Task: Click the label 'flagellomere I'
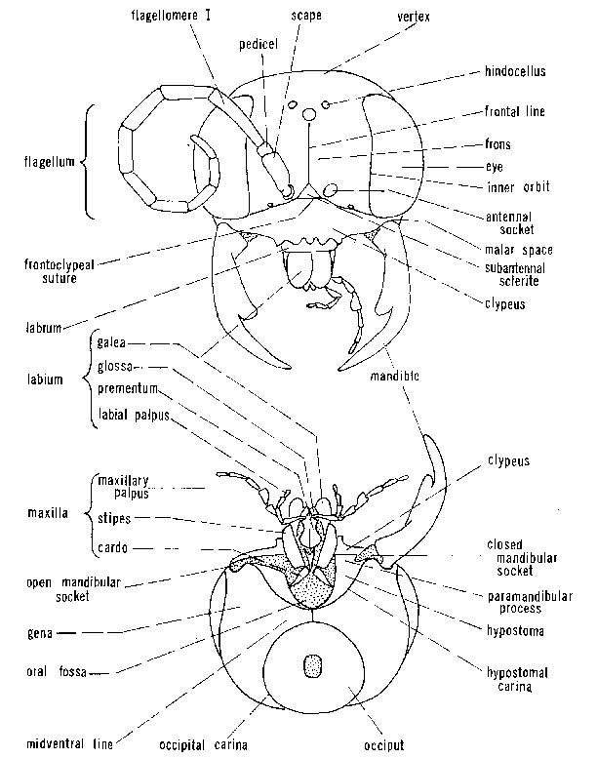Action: [171, 15]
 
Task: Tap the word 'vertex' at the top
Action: [414, 17]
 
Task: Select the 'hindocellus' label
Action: [515, 71]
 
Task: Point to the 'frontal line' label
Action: [515, 111]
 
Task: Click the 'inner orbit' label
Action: [518, 187]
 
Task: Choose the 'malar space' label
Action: [519, 250]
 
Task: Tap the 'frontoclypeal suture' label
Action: [59, 271]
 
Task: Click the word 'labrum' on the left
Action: [44, 328]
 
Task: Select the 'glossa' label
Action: [114, 366]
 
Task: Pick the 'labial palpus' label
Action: [134, 415]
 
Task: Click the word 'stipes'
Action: [114, 519]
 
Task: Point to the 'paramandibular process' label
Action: [530, 602]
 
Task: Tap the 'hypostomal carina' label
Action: [517, 679]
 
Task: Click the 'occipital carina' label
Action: [204, 745]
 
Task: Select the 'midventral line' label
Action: [69, 743]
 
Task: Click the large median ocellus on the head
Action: [309, 115]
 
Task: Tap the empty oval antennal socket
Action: [330, 190]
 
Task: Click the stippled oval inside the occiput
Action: [313, 665]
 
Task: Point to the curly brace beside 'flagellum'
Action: [87, 162]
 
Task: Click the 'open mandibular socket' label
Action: [73, 589]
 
